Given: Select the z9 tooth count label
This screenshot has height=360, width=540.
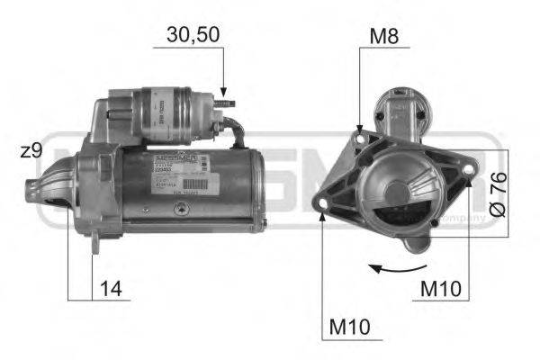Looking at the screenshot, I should (x=31, y=151).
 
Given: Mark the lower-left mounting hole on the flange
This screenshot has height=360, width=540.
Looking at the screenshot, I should (x=322, y=212).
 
